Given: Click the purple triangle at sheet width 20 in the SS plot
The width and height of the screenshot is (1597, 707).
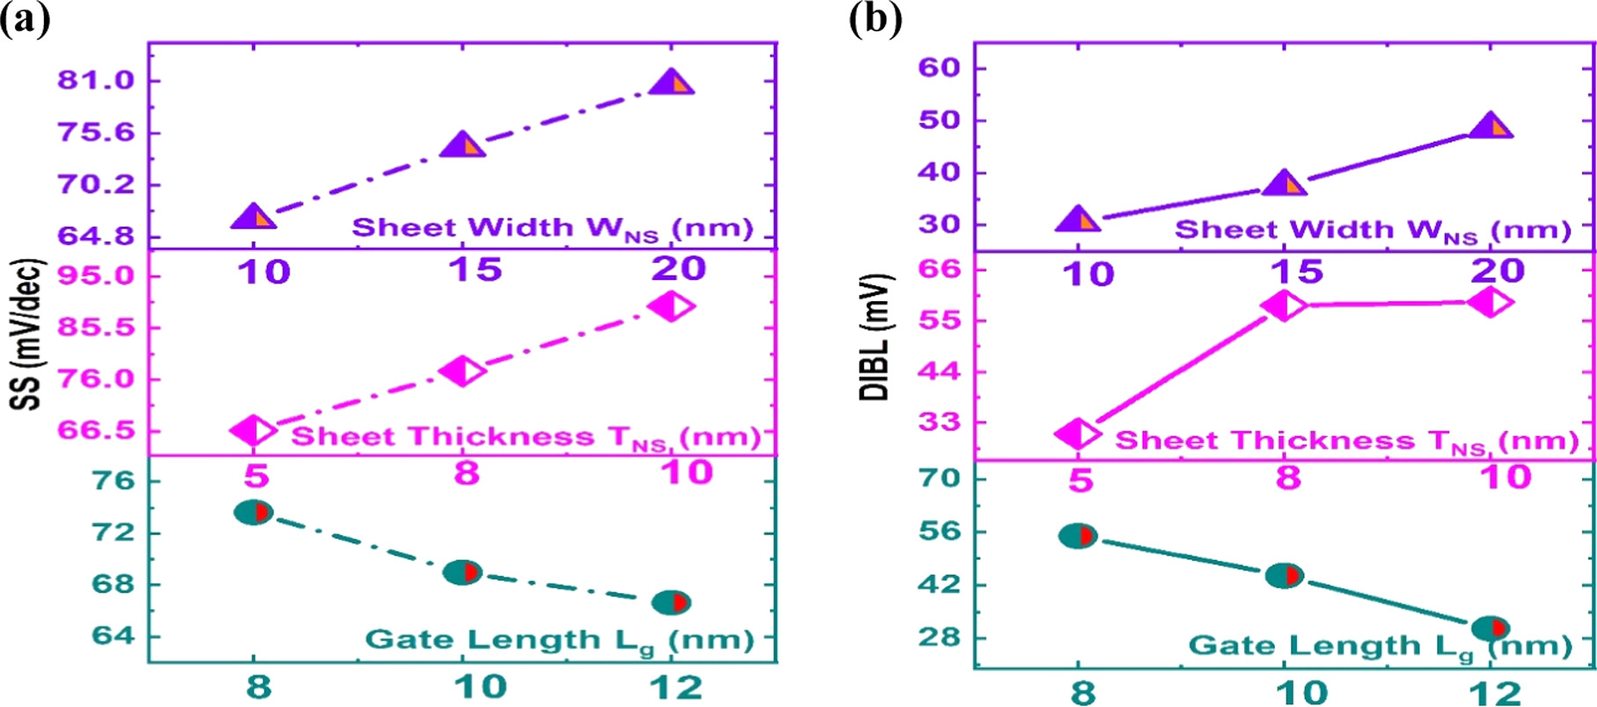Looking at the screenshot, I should (x=671, y=85).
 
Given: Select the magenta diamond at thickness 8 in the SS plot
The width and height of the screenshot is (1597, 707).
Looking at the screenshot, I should (x=463, y=371).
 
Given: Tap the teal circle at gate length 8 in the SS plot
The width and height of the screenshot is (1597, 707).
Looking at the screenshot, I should (x=254, y=512).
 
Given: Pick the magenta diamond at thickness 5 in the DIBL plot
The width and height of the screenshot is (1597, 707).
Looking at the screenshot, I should (x=1078, y=434).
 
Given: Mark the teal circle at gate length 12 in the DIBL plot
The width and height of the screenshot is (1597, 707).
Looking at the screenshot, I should (x=1491, y=628).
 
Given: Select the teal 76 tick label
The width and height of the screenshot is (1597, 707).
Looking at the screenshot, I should (x=114, y=481).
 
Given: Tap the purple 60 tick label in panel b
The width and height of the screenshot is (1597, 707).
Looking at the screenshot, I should (x=939, y=68).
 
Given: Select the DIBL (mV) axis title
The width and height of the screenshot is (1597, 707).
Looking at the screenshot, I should (x=874, y=337).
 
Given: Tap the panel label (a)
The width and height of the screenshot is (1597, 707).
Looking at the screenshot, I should (x=26, y=18).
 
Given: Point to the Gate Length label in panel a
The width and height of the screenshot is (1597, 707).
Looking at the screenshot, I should (x=560, y=640).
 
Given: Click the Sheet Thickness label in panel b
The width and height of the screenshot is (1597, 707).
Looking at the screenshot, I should (x=1346, y=440).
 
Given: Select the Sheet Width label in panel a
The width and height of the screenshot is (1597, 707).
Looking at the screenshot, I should (x=553, y=228).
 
